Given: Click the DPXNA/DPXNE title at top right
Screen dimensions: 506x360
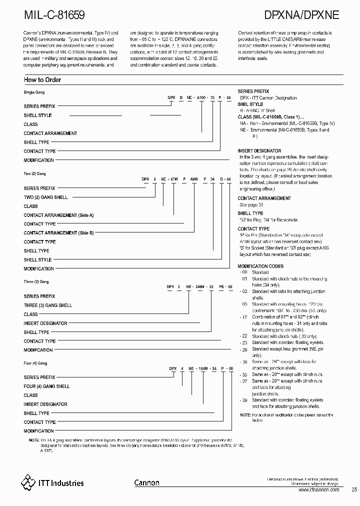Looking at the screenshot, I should coord(300,14).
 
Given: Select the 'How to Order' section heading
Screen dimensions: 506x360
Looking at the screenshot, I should coord(42,80).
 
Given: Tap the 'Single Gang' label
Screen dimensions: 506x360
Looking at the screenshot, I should coord(34,92).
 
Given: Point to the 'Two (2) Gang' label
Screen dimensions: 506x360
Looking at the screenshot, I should coord(35,173).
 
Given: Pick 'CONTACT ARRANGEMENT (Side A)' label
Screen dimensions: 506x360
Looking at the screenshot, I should coord(58,215).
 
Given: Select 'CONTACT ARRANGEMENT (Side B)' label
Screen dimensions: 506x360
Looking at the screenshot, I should coord(58,233).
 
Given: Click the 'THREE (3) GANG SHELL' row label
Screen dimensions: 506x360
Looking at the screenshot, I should coord(48,305).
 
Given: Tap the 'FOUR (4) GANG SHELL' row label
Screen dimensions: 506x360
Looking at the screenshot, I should coord(47,386).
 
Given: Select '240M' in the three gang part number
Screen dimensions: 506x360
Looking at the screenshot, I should coord(199,287).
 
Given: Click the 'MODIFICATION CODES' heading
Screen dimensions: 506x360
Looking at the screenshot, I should coord(260,266).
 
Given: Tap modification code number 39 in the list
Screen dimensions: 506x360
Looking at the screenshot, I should coord(244,400).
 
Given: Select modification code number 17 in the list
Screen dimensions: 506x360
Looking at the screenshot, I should coord(244,317).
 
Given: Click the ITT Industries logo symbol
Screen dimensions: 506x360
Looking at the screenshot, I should coord(28,482).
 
